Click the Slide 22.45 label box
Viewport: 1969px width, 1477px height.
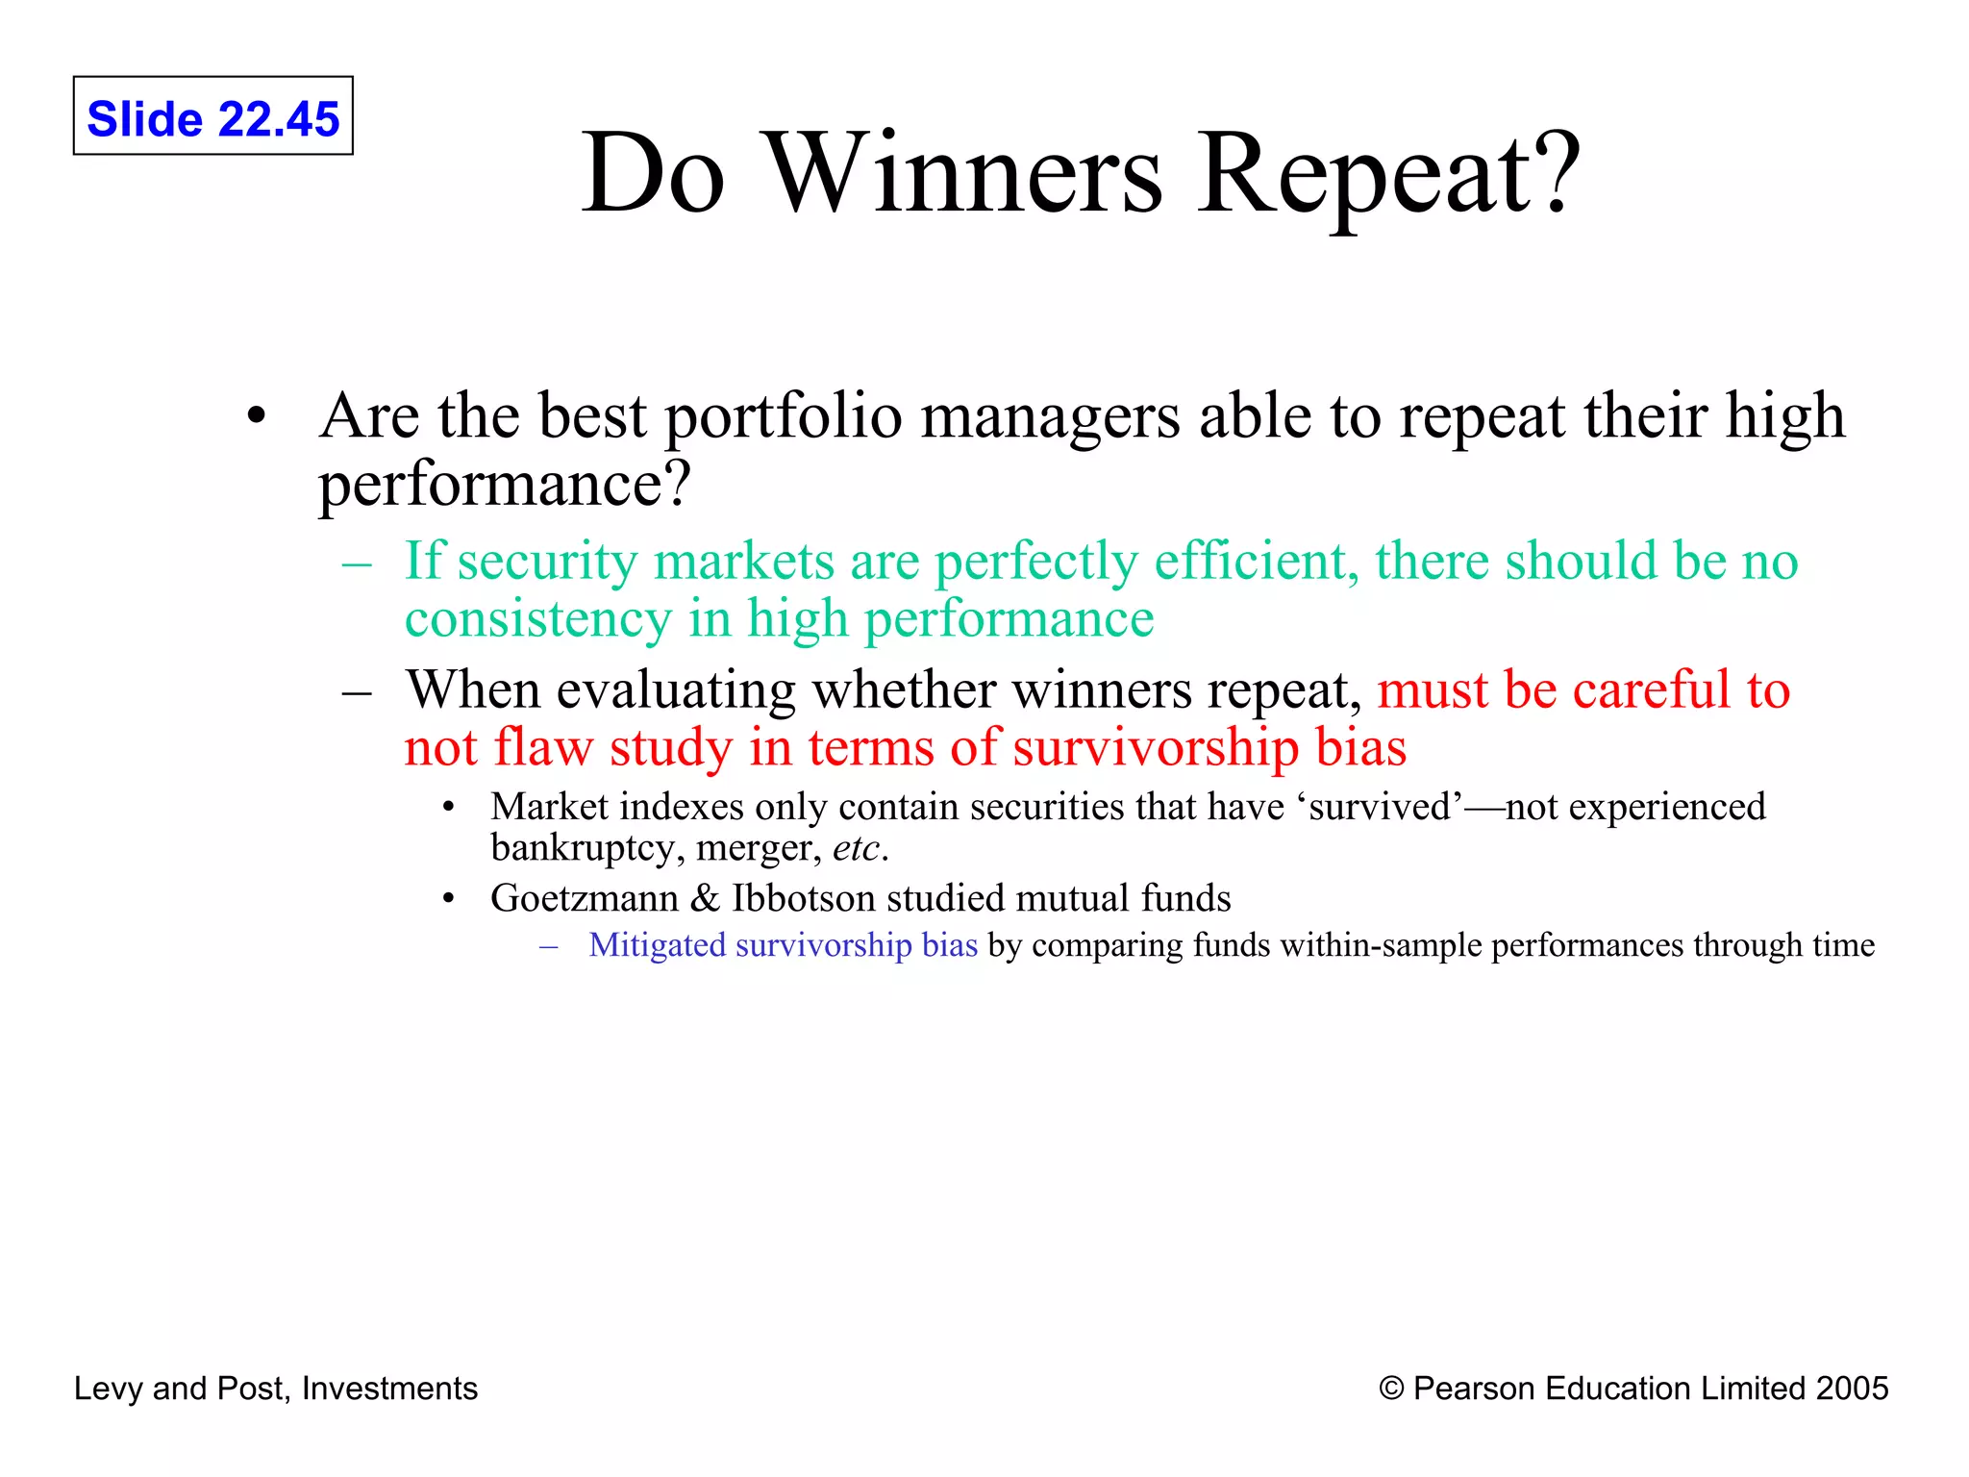(212, 116)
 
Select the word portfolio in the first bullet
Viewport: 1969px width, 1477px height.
(783, 416)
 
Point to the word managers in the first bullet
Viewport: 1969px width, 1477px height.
(1050, 418)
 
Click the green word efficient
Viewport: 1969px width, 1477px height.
(1256, 561)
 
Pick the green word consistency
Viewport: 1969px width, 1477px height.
(537, 618)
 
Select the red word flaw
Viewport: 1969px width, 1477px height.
(544, 747)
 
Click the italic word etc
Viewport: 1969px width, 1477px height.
(856, 848)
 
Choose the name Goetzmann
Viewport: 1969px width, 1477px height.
(584, 898)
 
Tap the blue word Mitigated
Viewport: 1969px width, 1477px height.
(657, 945)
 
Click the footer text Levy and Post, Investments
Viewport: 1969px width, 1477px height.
(275, 1389)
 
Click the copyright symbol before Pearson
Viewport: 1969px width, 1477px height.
(1391, 1389)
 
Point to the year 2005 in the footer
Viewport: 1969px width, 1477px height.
(1852, 1389)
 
